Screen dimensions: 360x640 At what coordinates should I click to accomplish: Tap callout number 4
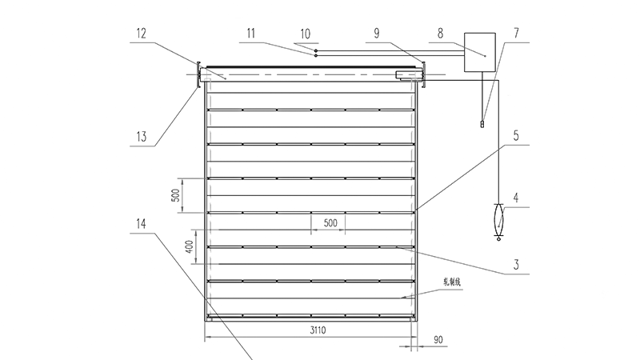pyautogui.click(x=518, y=197)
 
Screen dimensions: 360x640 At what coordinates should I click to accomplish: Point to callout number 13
pyautogui.click(x=142, y=136)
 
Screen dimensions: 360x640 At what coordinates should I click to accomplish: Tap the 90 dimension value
pyautogui.click(x=438, y=341)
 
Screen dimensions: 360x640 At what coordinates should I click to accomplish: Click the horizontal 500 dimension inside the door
pyautogui.click(x=330, y=222)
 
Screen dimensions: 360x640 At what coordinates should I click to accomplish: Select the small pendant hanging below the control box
pyautogui.click(x=482, y=122)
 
